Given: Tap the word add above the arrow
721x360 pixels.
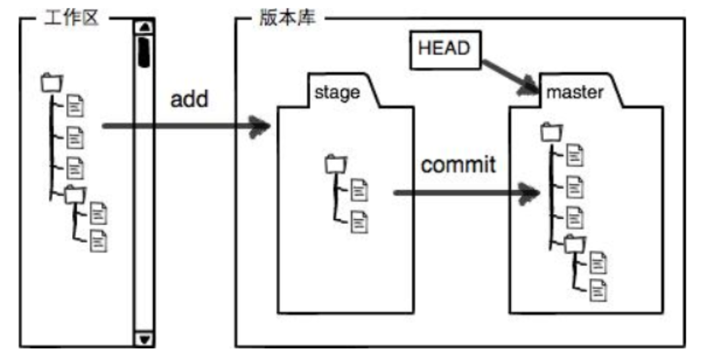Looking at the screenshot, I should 189,99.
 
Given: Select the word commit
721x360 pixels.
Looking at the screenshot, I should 458,164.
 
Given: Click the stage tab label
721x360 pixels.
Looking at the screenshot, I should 337,92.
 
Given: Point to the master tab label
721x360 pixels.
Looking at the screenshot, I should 574,92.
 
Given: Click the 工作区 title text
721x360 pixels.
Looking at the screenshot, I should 71,18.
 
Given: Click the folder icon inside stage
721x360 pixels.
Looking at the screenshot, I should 336,163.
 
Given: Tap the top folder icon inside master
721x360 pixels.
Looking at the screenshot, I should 550,132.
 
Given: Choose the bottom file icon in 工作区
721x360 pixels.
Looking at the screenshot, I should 98,241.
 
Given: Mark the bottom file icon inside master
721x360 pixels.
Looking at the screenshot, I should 598,289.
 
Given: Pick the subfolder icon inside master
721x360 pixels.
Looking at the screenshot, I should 574,244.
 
